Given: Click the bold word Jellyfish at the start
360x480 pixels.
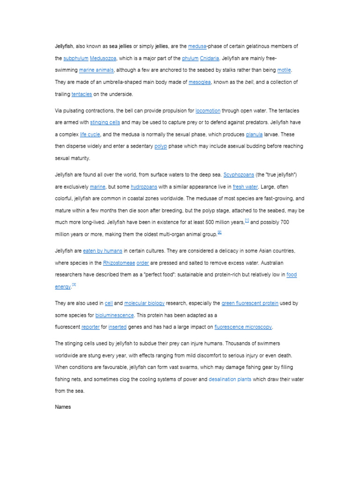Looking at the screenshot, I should pyautogui.click(x=65, y=46).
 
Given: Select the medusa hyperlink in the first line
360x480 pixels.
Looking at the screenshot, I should pyautogui.click(x=197, y=46).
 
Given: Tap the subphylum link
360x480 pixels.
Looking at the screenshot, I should pyautogui.click(x=75, y=59).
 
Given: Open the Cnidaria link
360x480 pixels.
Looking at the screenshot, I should pyautogui.click(x=210, y=59).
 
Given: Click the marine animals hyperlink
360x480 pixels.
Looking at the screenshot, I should pyautogui.click(x=96, y=70).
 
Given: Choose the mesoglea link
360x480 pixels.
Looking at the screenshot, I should pyautogui.click(x=200, y=82).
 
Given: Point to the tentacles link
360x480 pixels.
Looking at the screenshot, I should pyautogui.click(x=82, y=94).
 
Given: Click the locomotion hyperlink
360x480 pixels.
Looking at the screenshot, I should pyautogui.click(x=208, y=111).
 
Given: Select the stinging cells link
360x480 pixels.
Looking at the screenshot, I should pyautogui.click(x=105, y=122).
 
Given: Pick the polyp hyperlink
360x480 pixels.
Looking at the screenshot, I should pyautogui.click(x=160, y=146).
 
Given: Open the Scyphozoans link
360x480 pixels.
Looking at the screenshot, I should pyautogui.click(x=239, y=175).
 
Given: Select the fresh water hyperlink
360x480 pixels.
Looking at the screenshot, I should pyautogui.click(x=245, y=187).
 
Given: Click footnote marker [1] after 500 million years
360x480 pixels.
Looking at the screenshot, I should pyautogui.click(x=247, y=220).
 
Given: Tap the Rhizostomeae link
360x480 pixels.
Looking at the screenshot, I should pyautogui.click(x=118, y=262).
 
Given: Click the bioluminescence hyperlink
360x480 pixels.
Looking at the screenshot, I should pyautogui.click(x=114, y=315).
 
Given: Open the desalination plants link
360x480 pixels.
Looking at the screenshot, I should pyautogui.click(x=230, y=379).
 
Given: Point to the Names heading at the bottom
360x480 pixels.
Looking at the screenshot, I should pyautogui.click(x=63, y=407).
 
